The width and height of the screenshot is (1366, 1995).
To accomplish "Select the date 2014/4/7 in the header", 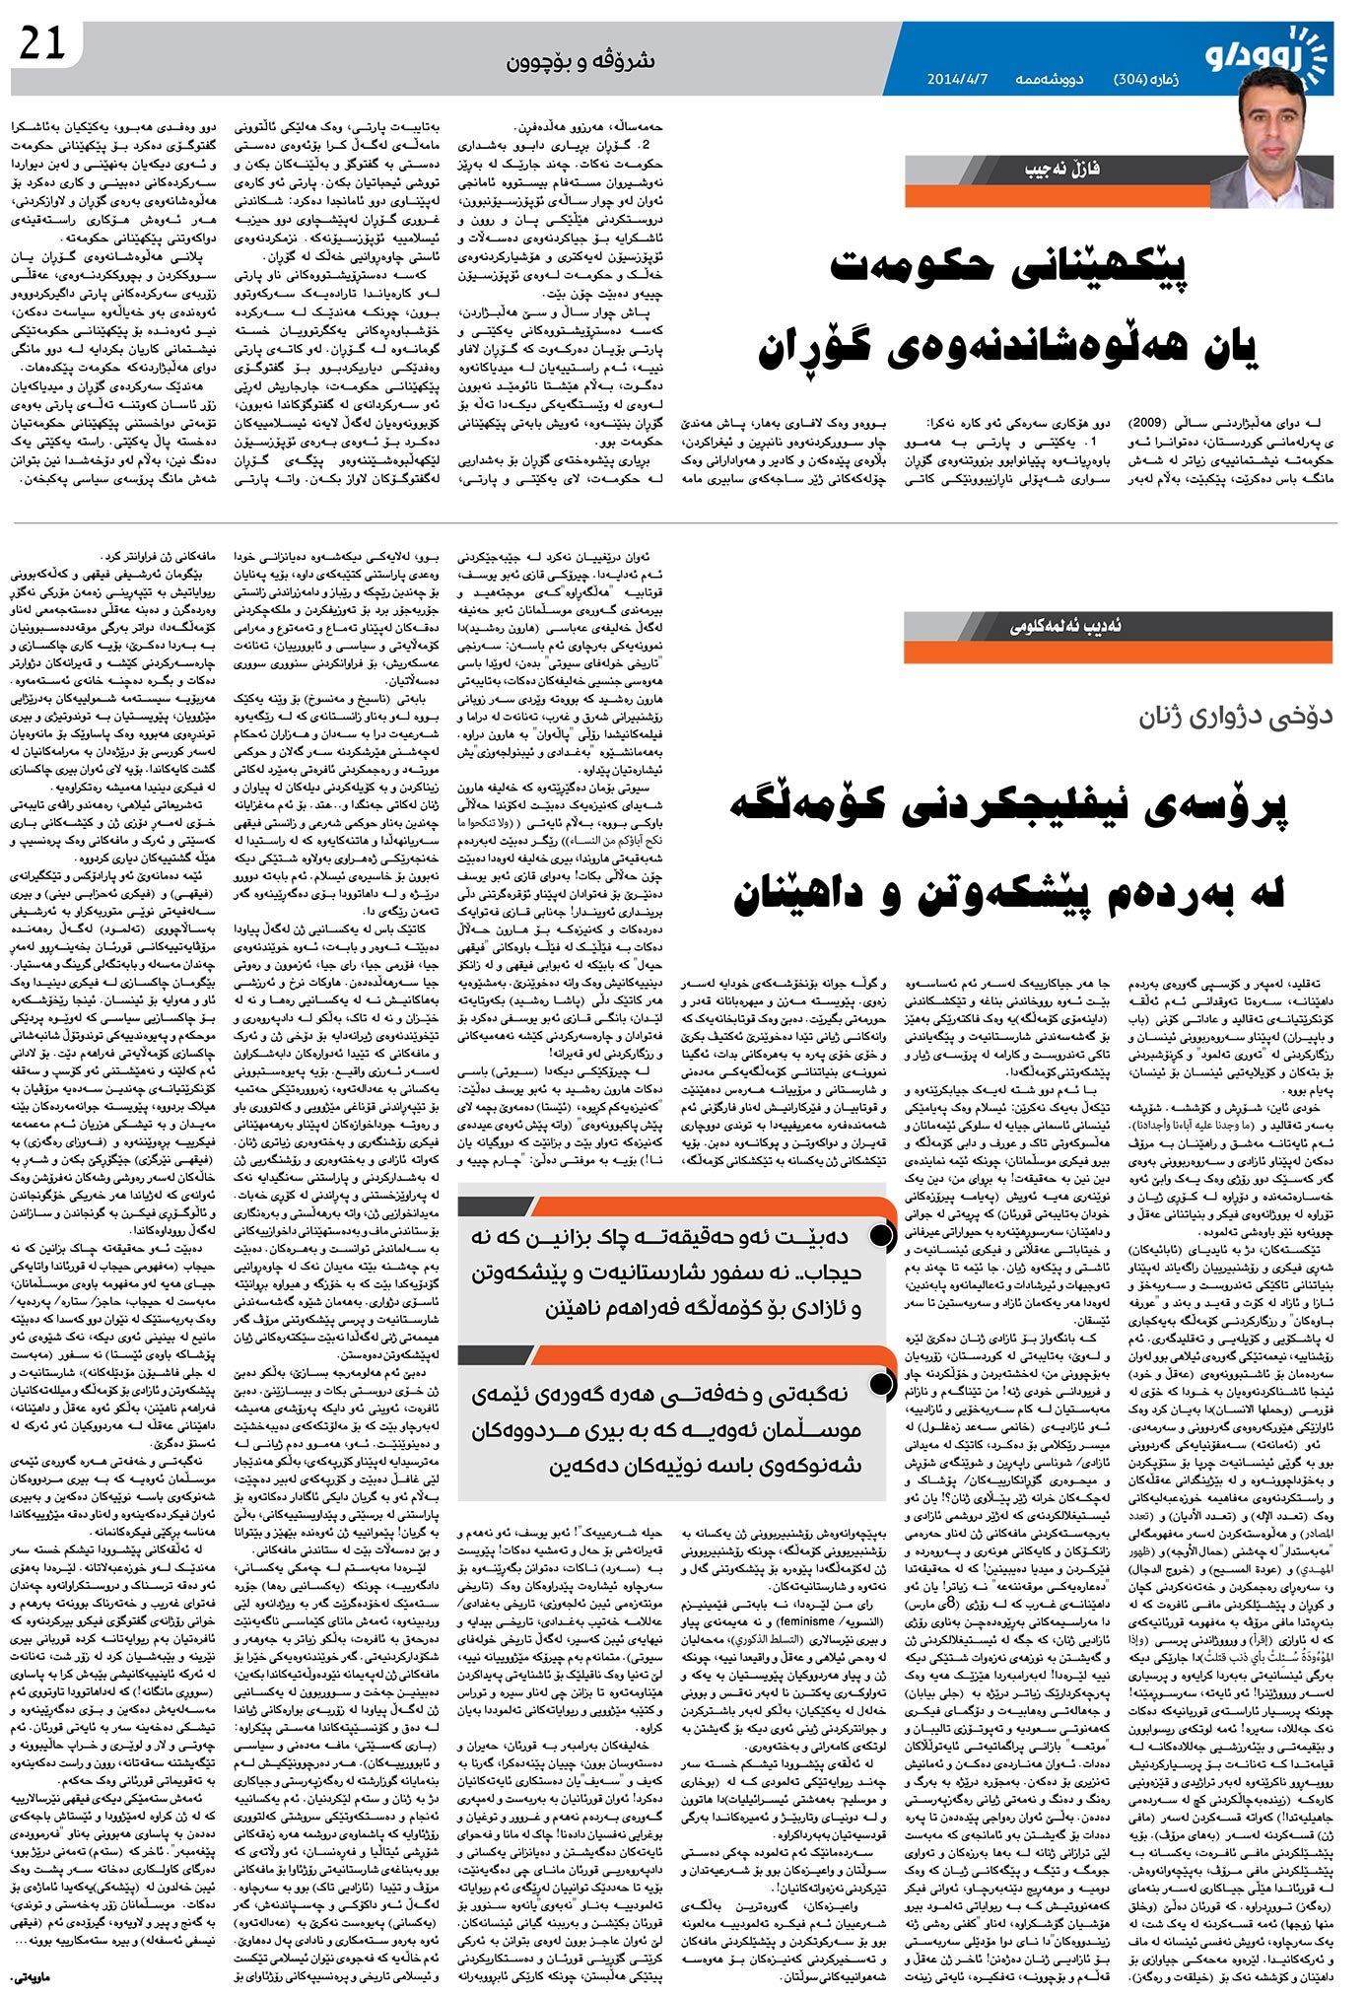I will (960, 79).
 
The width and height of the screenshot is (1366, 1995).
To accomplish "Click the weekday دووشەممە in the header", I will (1050, 79).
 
